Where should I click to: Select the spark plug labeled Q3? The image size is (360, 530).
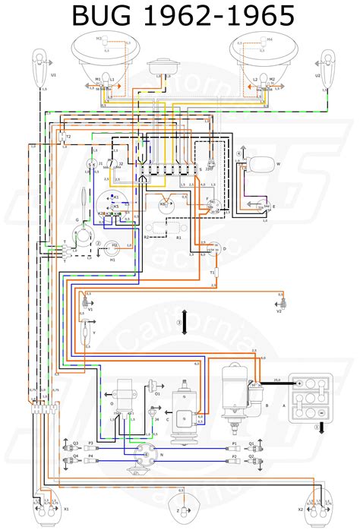tap(74, 443)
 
